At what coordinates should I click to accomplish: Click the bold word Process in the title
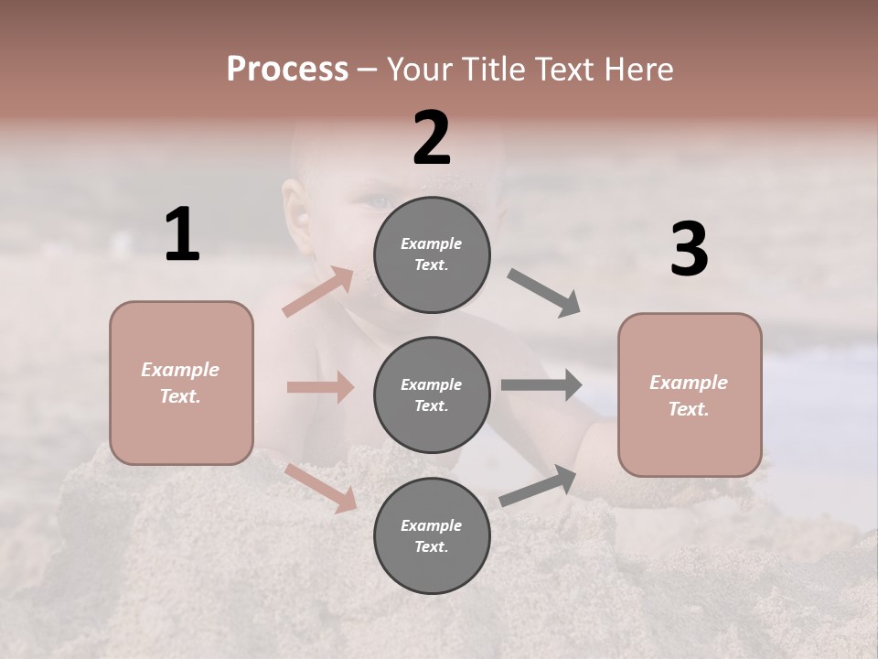(287, 70)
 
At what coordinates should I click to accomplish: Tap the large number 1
(182, 234)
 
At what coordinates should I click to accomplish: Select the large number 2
(432, 138)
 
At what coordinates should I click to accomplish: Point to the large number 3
(689, 250)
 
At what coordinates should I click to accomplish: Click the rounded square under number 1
(181, 383)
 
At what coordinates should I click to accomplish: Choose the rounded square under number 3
(690, 394)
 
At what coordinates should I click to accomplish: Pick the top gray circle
(432, 254)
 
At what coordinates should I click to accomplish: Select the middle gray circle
(432, 394)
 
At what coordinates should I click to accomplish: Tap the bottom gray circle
(432, 535)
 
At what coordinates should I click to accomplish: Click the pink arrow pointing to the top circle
(318, 291)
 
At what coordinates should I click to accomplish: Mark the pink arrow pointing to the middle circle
(320, 387)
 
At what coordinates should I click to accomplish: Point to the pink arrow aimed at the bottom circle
(320, 487)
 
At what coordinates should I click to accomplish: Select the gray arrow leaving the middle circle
(541, 384)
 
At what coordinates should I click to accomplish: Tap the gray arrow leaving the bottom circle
(538, 485)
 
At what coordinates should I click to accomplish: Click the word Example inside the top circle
(431, 243)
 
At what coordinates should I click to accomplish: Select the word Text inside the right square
(689, 409)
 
